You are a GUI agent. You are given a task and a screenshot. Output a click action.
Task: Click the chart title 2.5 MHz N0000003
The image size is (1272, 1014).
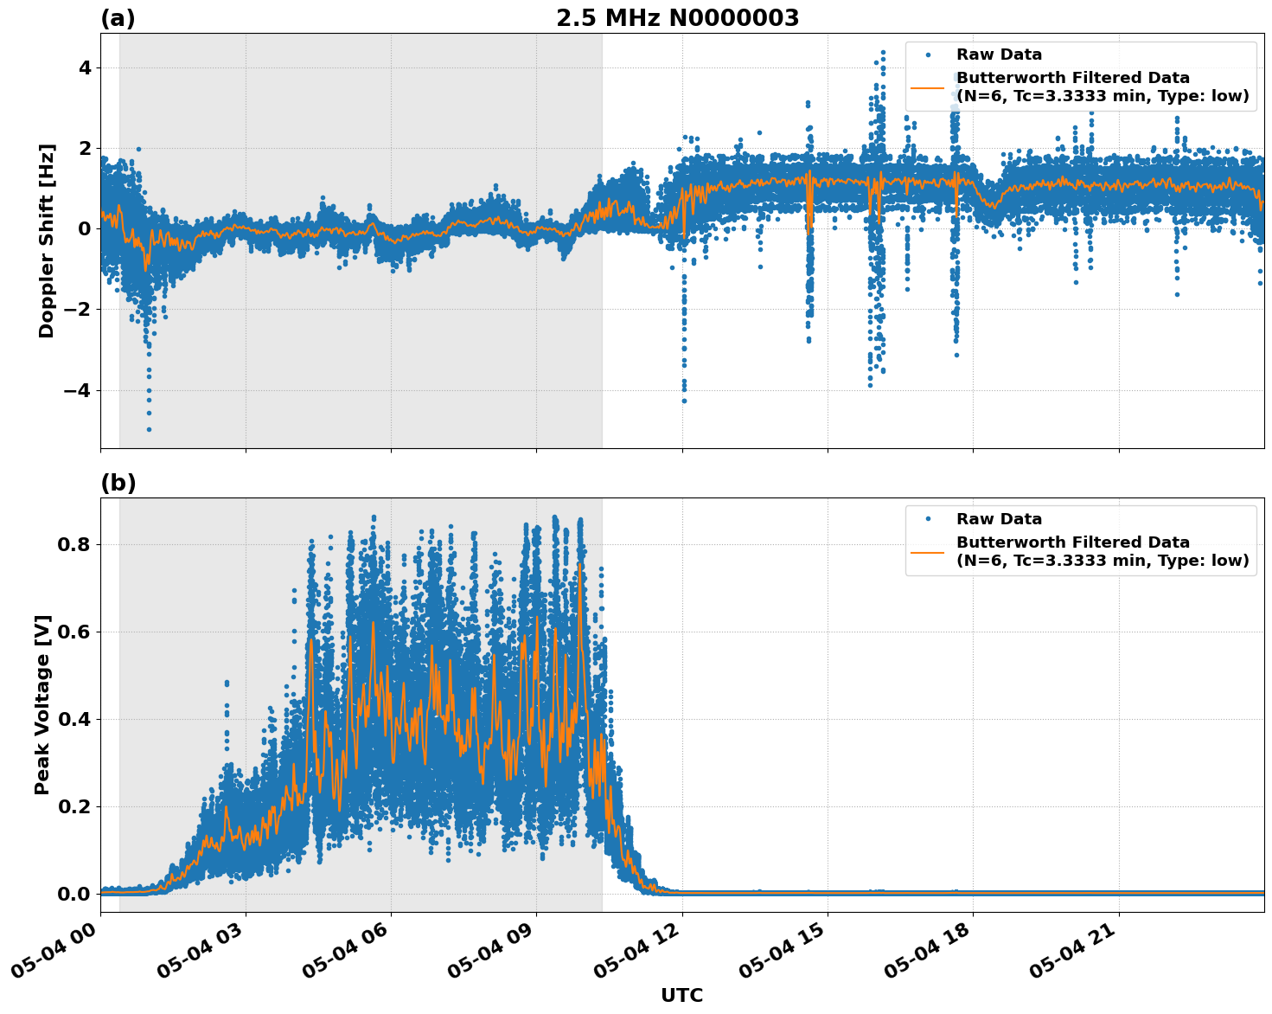click(677, 18)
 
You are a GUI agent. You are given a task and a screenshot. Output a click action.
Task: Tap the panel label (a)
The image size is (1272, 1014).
click(118, 18)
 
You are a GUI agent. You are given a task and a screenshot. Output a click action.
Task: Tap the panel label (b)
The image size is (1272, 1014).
click(118, 483)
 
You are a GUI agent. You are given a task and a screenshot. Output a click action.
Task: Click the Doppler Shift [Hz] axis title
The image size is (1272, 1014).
click(47, 241)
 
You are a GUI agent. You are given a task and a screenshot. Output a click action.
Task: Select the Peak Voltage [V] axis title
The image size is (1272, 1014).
click(42, 704)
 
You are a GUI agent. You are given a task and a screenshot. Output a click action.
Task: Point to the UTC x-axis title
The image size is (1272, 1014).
click(681, 995)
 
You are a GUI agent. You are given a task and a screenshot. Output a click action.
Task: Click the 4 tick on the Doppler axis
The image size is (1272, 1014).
click(85, 67)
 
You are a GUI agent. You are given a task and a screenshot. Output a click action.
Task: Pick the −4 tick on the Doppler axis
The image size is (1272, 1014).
click(77, 390)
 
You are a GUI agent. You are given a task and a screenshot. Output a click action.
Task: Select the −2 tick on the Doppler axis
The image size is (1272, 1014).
click(77, 310)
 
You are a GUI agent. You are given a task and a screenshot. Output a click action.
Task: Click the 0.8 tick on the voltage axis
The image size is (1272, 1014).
click(74, 544)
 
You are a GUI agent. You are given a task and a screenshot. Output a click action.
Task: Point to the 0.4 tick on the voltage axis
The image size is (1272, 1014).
click(74, 719)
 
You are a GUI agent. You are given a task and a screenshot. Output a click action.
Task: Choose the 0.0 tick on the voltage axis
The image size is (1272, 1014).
click(74, 894)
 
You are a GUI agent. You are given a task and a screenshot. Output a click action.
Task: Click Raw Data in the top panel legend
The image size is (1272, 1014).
click(999, 55)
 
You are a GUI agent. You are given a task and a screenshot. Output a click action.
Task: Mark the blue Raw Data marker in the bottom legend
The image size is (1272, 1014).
click(928, 519)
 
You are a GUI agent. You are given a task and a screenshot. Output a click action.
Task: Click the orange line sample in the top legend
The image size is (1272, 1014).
click(928, 87)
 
